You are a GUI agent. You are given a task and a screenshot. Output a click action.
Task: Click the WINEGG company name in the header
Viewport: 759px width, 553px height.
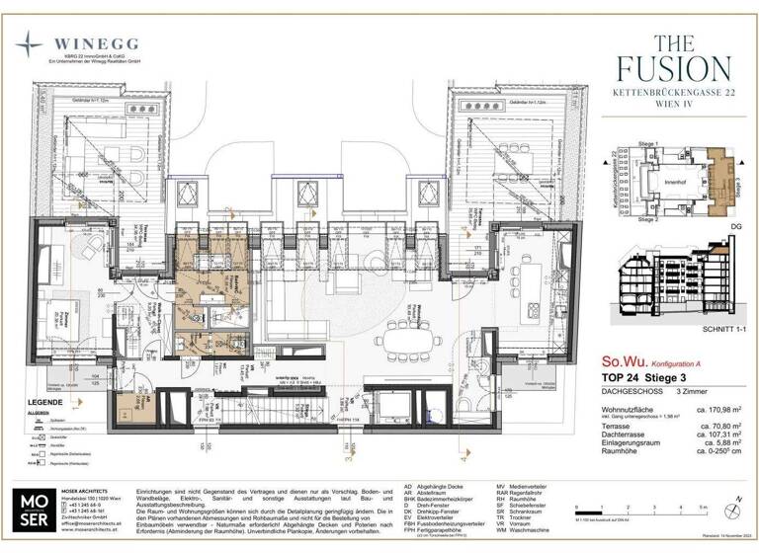[x=96, y=43]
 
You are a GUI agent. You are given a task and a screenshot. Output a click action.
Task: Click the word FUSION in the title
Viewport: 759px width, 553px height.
[x=674, y=68]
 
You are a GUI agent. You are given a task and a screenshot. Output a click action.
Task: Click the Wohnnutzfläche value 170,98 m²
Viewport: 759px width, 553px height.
[x=716, y=410]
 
